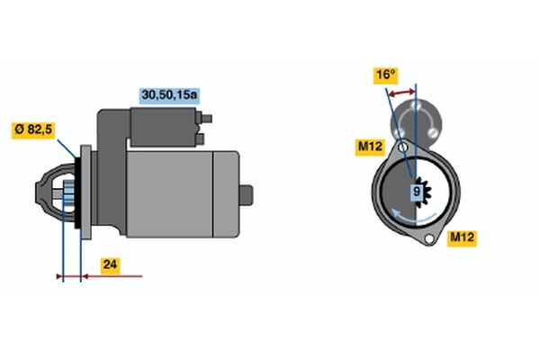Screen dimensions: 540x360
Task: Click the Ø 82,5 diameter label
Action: [33, 130]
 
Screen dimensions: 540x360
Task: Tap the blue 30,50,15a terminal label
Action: [169, 95]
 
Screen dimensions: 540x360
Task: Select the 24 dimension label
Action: [110, 265]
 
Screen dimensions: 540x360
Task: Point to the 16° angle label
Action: [386, 76]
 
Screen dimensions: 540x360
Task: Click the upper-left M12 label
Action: [370, 147]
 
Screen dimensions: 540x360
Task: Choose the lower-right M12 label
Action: [463, 238]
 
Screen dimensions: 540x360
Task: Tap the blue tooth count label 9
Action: [417, 191]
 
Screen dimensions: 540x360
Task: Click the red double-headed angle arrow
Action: [400, 93]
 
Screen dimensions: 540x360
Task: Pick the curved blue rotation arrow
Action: [414, 216]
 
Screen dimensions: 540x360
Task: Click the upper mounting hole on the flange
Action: [403, 148]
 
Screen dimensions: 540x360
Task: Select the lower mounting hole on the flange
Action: [428, 238]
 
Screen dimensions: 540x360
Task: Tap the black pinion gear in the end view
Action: [422, 193]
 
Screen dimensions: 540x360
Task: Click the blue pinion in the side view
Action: [68, 194]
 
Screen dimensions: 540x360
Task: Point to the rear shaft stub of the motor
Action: [247, 195]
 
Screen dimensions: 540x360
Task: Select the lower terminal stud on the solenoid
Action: [201, 139]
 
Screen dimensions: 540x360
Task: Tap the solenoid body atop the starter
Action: [163, 127]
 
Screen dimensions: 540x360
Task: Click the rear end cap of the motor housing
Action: [226, 194]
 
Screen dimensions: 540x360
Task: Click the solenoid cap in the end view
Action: [416, 120]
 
